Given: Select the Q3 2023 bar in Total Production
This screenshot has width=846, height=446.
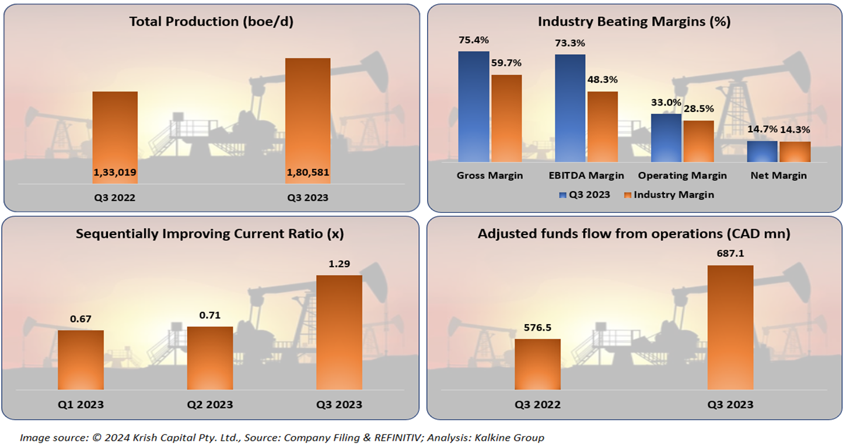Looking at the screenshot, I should [x=307, y=121].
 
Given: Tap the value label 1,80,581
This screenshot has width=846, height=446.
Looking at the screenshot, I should [x=307, y=173].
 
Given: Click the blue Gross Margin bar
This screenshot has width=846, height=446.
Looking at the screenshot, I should [x=473, y=106].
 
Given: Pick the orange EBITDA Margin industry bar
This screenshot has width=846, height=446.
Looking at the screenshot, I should [x=602, y=127].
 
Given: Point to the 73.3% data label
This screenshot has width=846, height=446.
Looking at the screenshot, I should [x=570, y=43].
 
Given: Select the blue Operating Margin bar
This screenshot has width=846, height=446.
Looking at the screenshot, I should [x=666, y=138].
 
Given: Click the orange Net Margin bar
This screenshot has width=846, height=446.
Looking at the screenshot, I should [x=795, y=152].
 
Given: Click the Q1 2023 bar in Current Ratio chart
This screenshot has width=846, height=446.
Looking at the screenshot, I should [x=81, y=360].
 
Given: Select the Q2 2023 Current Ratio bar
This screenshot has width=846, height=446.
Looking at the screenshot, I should [x=210, y=358].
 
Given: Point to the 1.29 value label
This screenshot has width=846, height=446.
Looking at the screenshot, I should [x=339, y=264].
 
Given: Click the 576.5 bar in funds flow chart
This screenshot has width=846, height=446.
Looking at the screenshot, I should [x=537, y=364].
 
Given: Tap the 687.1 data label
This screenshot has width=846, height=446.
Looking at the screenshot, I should [x=730, y=254].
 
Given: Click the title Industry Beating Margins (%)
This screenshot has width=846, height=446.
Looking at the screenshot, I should [x=634, y=22].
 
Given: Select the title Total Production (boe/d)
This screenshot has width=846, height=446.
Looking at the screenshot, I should [x=211, y=22].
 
